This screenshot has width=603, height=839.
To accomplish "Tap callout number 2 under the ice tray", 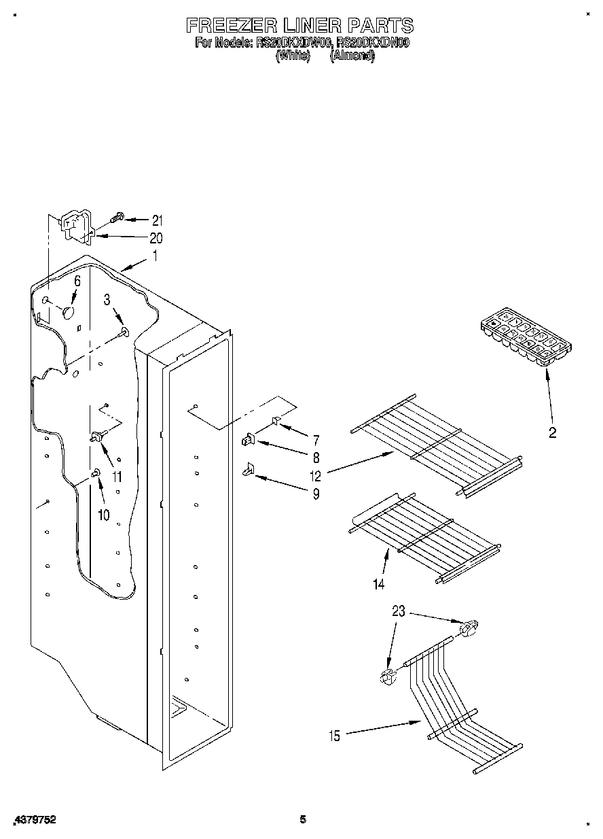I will tap(552, 432).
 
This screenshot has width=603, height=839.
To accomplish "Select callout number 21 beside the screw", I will tap(157, 220).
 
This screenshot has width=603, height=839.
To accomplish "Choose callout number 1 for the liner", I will tap(155, 256).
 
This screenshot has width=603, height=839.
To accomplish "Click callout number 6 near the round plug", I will tap(77, 280).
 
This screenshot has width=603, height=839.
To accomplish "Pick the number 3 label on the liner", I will tap(107, 299).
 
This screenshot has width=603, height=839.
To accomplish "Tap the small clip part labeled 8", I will tap(248, 441).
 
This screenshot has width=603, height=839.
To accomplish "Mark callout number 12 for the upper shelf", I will tap(316, 475).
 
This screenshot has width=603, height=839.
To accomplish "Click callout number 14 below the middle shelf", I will tap(378, 583).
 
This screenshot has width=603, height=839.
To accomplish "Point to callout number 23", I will tap(398, 611).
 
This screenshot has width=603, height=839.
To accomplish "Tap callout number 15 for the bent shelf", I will tap(333, 734).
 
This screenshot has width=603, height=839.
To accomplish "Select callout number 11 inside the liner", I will tap(117, 476).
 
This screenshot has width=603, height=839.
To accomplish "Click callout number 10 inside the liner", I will tap(103, 515).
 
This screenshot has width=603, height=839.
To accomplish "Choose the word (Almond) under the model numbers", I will tap(352, 57).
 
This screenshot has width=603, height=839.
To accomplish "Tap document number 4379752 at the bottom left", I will tap(34, 820).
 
